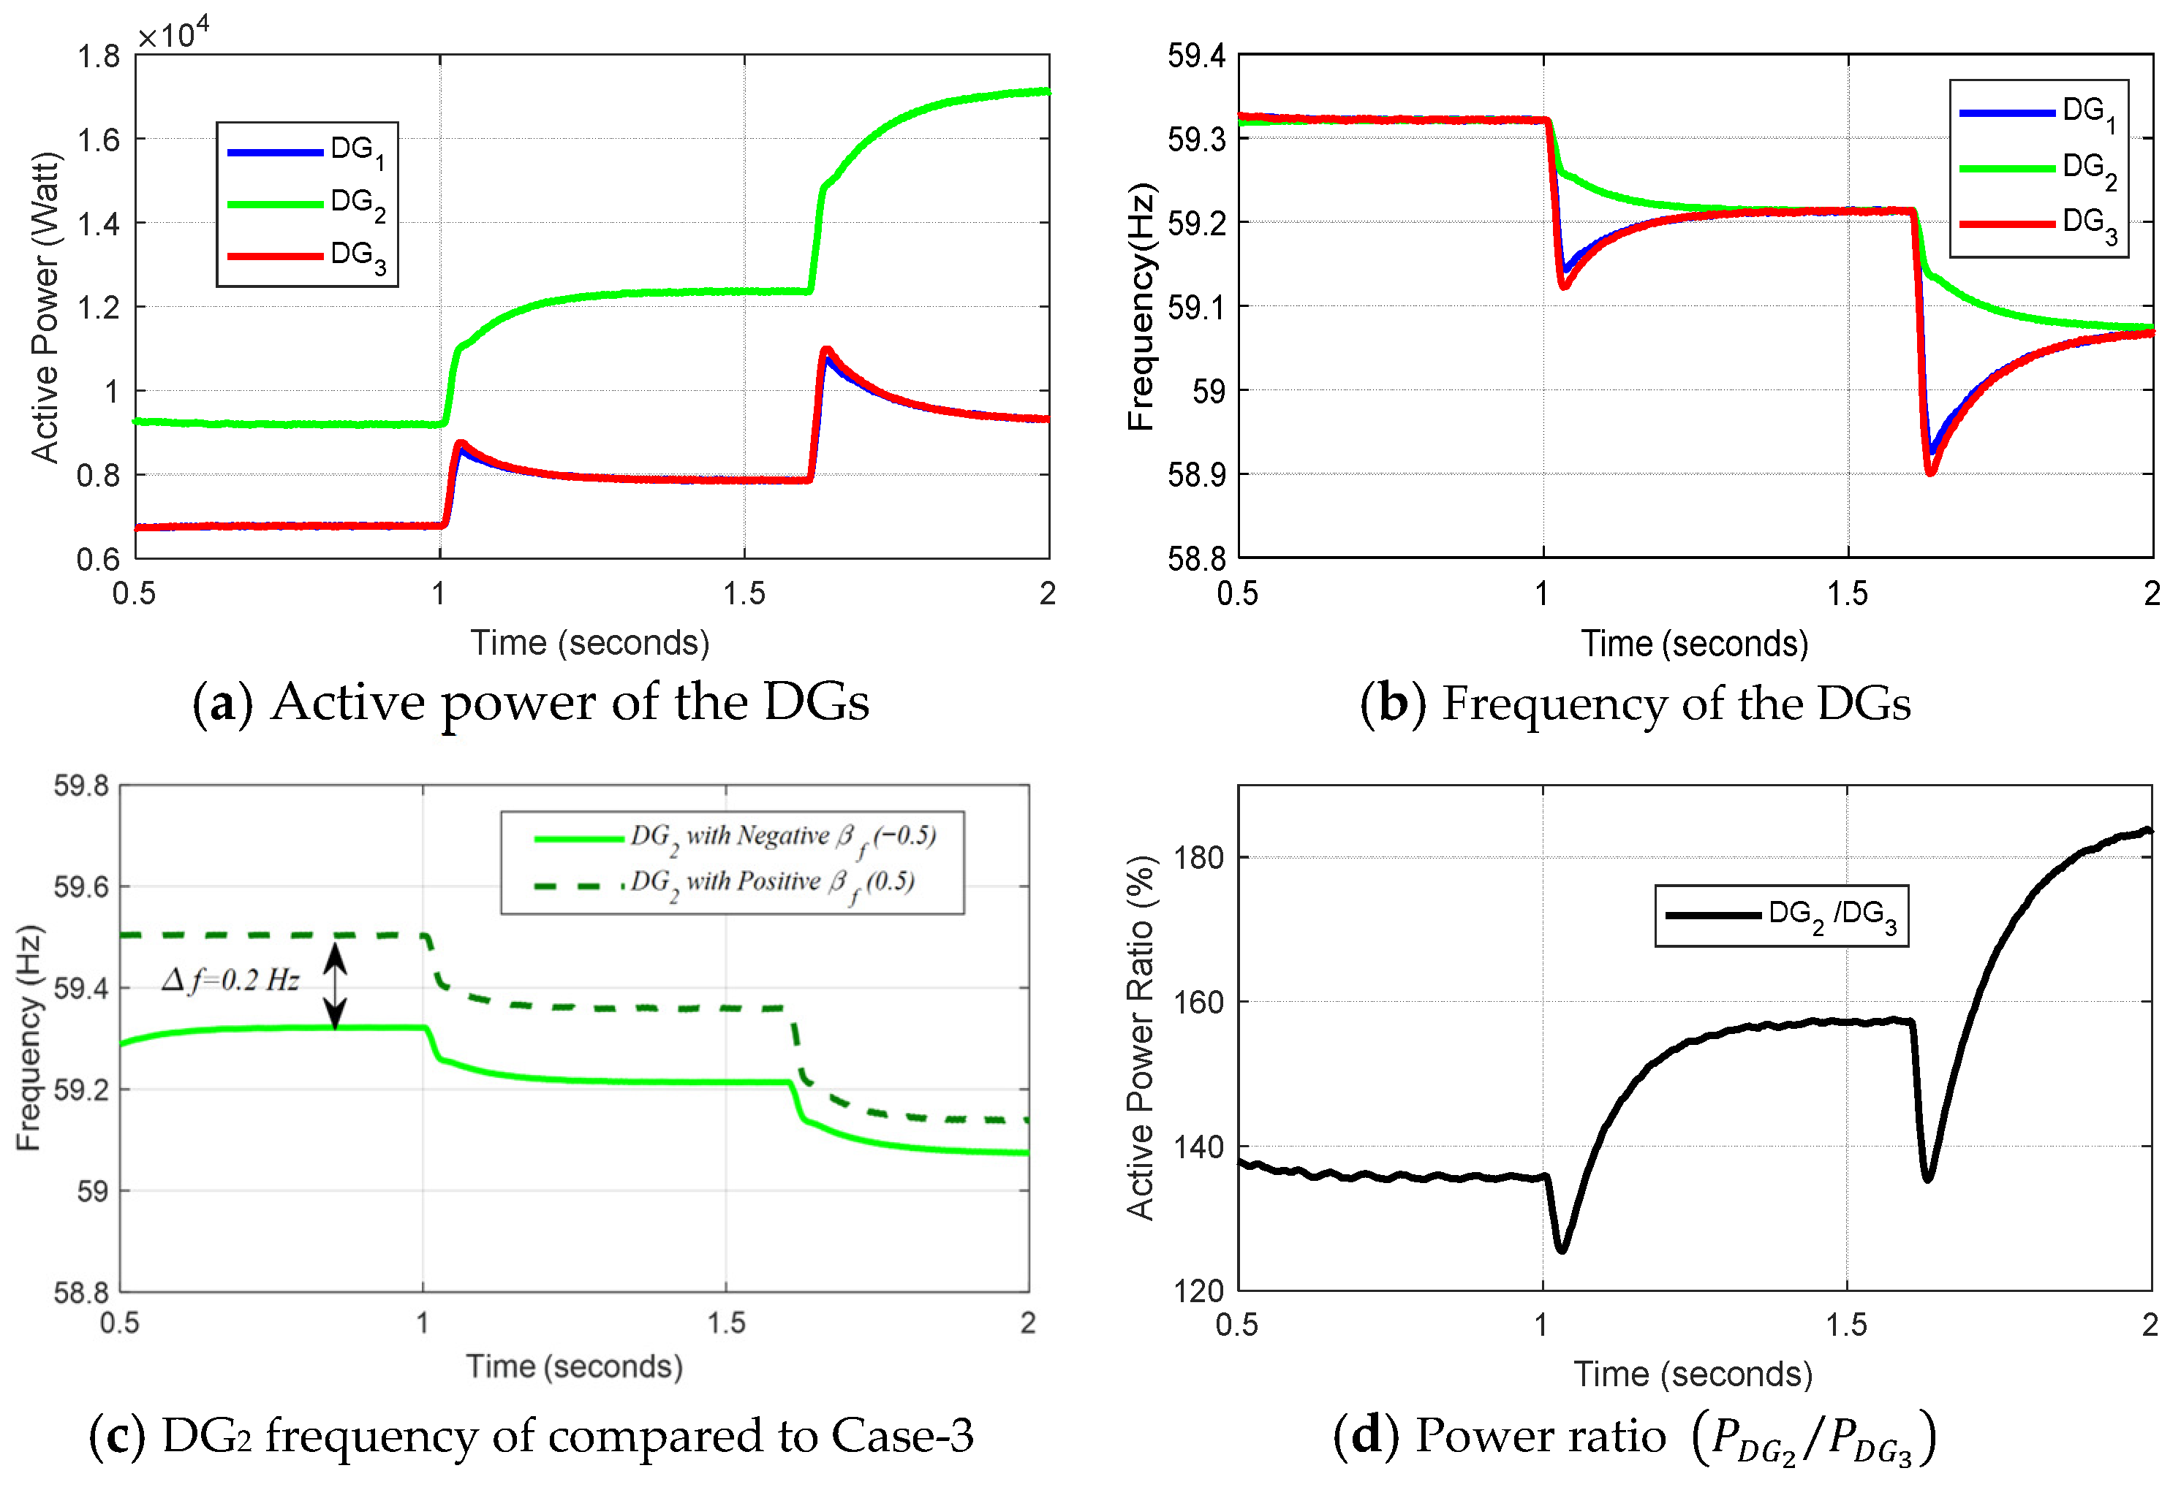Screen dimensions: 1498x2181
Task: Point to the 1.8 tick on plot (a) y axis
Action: pyautogui.click(x=99, y=57)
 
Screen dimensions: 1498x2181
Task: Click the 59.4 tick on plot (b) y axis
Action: pyautogui.click(x=1196, y=56)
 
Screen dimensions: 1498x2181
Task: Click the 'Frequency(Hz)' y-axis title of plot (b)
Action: pyautogui.click(x=1141, y=308)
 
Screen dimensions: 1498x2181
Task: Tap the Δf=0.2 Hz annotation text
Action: pyautogui.click(x=231, y=981)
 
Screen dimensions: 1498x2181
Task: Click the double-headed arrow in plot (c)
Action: pyautogui.click(x=335, y=986)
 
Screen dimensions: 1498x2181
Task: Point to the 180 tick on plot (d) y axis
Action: pyautogui.click(x=1199, y=857)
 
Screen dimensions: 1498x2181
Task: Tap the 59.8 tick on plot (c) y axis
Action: pyautogui.click(x=82, y=786)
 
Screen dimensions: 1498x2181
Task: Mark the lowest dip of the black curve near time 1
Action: pyautogui.click(x=1561, y=1248)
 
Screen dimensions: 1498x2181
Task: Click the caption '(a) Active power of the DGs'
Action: pyautogui.click(x=531, y=702)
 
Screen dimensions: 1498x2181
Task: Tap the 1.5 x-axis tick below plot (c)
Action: pyautogui.click(x=726, y=1323)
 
